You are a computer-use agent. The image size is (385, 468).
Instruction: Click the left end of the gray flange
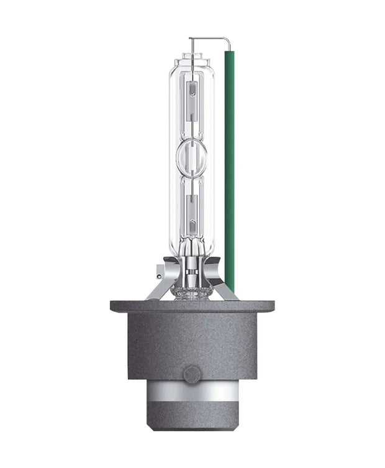(115, 306)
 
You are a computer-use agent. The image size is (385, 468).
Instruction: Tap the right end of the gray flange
(271, 306)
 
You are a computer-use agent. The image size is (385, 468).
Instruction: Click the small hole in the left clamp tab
(161, 268)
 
